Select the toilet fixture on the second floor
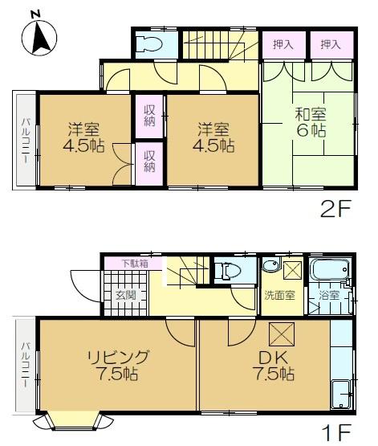coord(148,44)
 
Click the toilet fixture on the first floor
coord(227,270)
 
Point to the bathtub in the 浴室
coord(329,269)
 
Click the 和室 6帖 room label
coord(311,122)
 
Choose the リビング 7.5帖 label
coord(117,366)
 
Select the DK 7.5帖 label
coord(273,366)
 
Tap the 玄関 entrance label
coord(126,296)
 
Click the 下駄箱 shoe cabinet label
coord(135,264)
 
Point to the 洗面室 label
coord(280,296)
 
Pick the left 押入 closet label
coord(282,45)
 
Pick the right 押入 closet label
coord(331,45)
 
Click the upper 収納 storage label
coord(149,116)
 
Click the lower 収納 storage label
coord(149,162)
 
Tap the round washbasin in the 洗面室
coord(270,266)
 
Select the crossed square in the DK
coord(282,334)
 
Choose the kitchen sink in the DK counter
coord(342,395)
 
